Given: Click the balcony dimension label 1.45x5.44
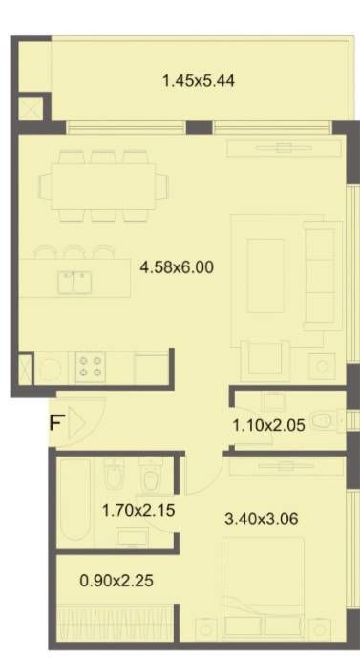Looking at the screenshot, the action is click(199, 80).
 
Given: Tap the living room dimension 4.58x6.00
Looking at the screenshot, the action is click(177, 266).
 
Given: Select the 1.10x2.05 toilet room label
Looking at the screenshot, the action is click(269, 425).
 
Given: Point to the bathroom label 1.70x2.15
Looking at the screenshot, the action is click(138, 511).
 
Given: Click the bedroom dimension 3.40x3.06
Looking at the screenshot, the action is click(262, 519).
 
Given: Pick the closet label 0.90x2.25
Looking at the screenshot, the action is click(116, 581).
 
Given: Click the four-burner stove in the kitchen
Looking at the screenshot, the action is click(91, 367).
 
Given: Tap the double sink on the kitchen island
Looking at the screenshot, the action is click(74, 283).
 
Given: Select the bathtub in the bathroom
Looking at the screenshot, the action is click(75, 500).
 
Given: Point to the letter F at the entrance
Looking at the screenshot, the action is click(56, 422).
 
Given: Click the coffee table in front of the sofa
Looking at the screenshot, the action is click(265, 276).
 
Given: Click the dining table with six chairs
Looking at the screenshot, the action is click(103, 186).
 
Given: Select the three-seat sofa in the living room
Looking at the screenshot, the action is click(323, 275).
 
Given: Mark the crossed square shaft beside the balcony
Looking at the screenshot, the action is click(31, 109).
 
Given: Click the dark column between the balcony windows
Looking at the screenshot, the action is click(200, 127).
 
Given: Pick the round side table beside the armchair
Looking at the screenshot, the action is click(322, 367).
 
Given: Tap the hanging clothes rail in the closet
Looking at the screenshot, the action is click(116, 623).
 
